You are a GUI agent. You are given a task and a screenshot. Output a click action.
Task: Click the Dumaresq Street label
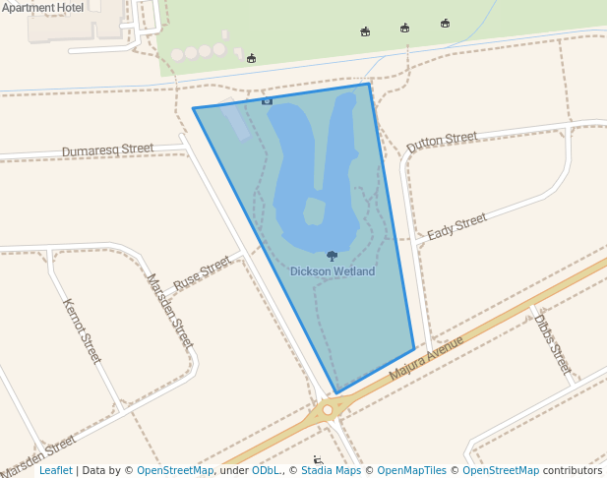pos(107,149)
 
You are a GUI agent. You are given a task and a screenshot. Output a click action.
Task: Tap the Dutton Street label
pos(441,141)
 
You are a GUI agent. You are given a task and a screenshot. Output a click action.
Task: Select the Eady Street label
pos(456,227)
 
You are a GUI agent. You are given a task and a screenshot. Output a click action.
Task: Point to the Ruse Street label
pos(201,272)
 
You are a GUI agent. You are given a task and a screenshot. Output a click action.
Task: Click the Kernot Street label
pos(82,330)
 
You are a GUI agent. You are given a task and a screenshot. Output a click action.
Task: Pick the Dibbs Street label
pos(552,344)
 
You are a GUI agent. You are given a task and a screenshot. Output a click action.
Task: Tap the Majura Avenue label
pos(425,359)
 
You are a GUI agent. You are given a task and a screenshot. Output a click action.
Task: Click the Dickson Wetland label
pos(333,271)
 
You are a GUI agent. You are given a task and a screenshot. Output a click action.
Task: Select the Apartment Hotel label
pos(42,7)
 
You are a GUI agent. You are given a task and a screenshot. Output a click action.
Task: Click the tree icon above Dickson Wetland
pos(332,256)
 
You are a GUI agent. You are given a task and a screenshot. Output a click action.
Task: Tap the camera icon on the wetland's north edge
pos(267,100)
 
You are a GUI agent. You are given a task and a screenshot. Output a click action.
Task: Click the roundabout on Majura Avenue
pos(328,410)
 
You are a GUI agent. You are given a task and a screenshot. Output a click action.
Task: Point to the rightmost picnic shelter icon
pos(445,23)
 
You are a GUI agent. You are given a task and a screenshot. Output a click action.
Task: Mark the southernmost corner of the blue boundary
pos(336,393)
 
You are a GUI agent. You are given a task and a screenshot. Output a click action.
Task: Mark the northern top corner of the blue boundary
pos(369,84)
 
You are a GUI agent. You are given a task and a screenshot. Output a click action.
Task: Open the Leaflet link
pos(55,470)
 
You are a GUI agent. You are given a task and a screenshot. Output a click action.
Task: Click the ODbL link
pos(266,470)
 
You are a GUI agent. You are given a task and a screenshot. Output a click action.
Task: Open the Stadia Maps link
pos(331,470)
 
